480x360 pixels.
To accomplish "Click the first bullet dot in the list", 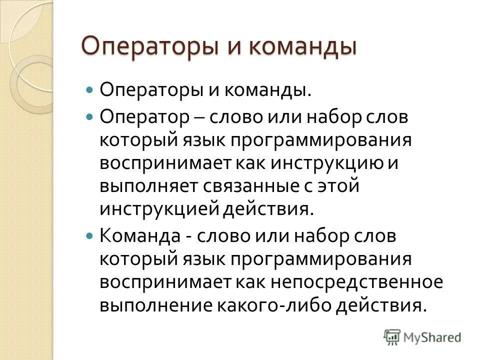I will tap(90, 90).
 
